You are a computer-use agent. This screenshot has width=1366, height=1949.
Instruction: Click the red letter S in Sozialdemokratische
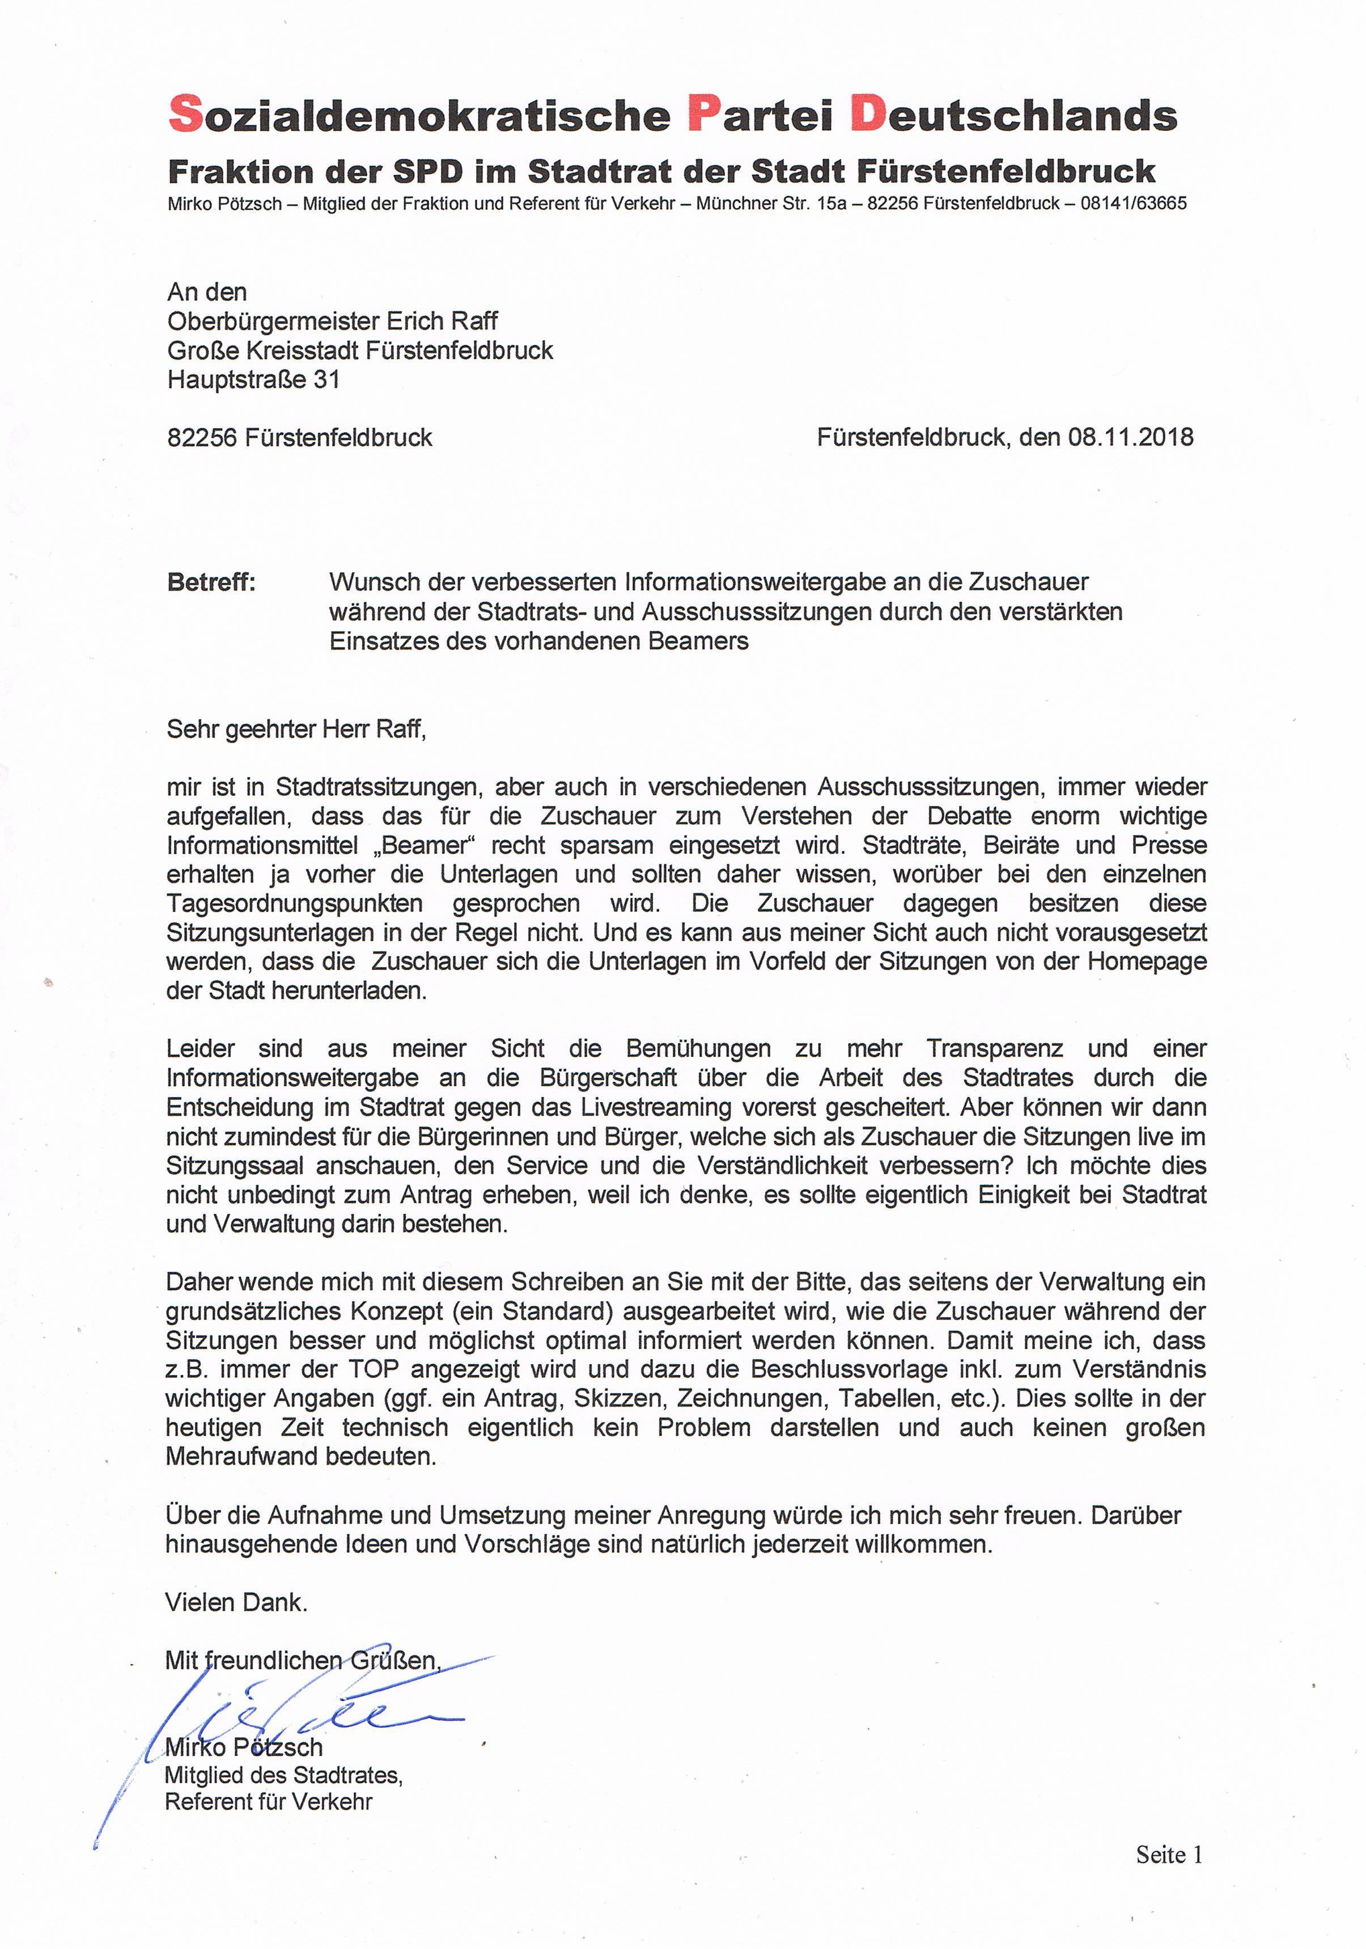(x=186, y=115)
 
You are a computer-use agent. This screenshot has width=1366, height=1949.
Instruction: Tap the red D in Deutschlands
(x=867, y=115)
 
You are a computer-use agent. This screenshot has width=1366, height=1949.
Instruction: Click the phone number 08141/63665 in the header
(x=1134, y=204)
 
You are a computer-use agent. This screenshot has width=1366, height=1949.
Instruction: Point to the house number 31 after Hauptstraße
(x=326, y=379)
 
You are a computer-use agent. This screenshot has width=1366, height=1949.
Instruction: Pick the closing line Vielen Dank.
(x=236, y=1602)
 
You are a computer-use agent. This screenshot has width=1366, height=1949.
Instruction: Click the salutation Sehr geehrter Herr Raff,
(x=296, y=729)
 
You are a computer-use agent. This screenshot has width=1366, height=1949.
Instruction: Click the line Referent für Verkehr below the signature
(x=268, y=1802)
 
